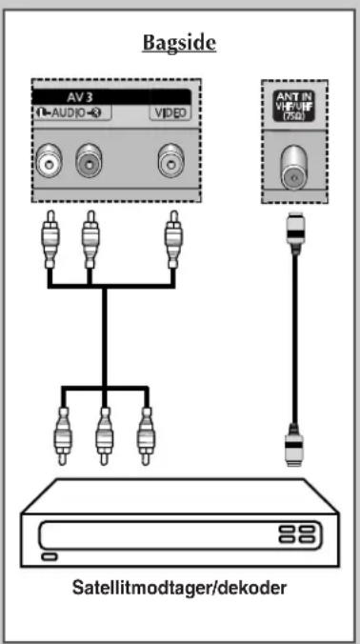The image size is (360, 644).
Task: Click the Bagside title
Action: point(179,43)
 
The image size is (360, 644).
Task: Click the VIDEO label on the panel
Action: point(170,113)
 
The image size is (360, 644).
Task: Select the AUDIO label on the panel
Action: point(69,112)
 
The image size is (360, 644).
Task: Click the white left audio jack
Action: point(49,164)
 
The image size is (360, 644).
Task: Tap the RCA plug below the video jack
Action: point(172,240)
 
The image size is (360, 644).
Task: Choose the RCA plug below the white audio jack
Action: point(50,240)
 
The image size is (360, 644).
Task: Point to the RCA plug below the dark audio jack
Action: point(90,240)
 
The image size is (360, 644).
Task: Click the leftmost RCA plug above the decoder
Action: point(63,436)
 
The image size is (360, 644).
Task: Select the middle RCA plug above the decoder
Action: point(104,436)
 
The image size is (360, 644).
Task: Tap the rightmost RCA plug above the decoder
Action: point(145,436)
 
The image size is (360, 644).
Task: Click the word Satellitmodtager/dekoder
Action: point(179,589)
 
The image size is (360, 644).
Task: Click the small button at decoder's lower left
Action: point(50,556)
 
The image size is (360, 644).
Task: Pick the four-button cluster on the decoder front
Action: point(297,533)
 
